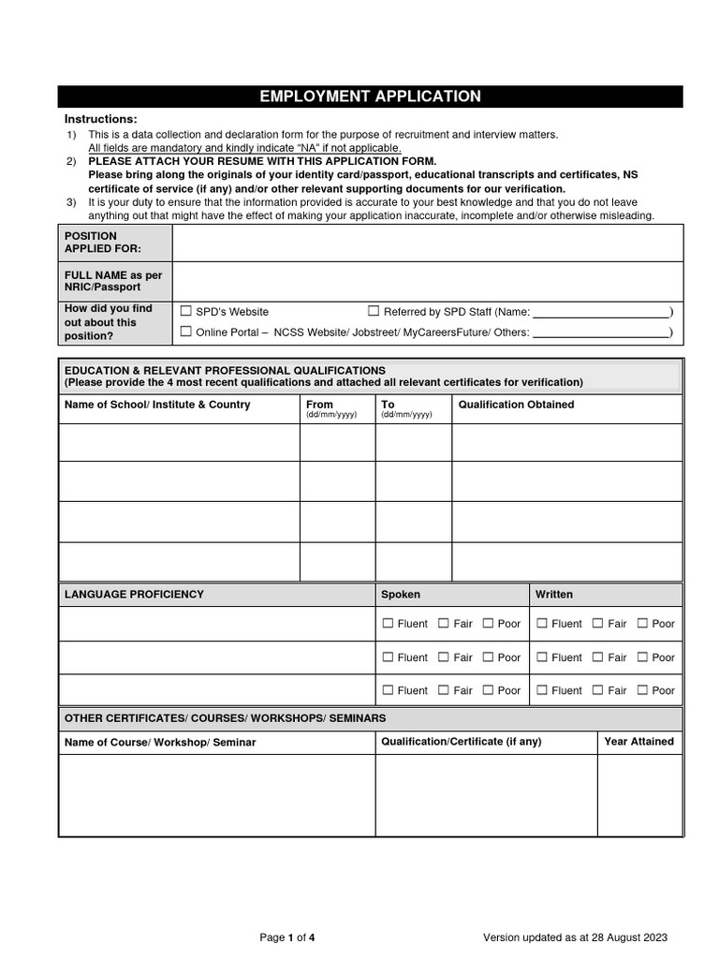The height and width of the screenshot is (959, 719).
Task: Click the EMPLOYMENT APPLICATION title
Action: point(370,96)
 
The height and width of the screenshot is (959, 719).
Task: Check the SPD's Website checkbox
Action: point(185,311)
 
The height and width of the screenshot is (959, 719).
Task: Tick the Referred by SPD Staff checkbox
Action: point(374,311)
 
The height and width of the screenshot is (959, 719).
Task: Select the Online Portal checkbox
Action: point(185,331)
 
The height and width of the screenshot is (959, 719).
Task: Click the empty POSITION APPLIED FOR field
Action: point(427,243)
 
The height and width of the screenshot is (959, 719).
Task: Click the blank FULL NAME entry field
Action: point(427,281)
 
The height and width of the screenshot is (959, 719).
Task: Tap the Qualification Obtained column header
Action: point(516,405)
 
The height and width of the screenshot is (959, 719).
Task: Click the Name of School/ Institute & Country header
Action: point(157,405)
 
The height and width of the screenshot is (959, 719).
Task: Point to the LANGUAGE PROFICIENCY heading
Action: point(134,595)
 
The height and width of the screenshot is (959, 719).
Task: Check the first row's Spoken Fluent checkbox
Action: point(388,624)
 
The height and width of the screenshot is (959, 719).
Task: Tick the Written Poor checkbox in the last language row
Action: point(642,690)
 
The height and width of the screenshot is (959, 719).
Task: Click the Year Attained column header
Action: point(638,741)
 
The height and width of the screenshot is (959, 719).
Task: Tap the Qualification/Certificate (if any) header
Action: point(461,741)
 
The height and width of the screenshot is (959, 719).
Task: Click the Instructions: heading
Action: point(100,119)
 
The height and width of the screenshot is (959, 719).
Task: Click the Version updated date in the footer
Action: point(575,937)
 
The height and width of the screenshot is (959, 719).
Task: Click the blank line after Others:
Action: point(600,332)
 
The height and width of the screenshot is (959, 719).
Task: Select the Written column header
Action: point(554,595)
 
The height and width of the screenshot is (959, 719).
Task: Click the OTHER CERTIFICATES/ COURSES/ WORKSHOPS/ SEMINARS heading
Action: point(225,717)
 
